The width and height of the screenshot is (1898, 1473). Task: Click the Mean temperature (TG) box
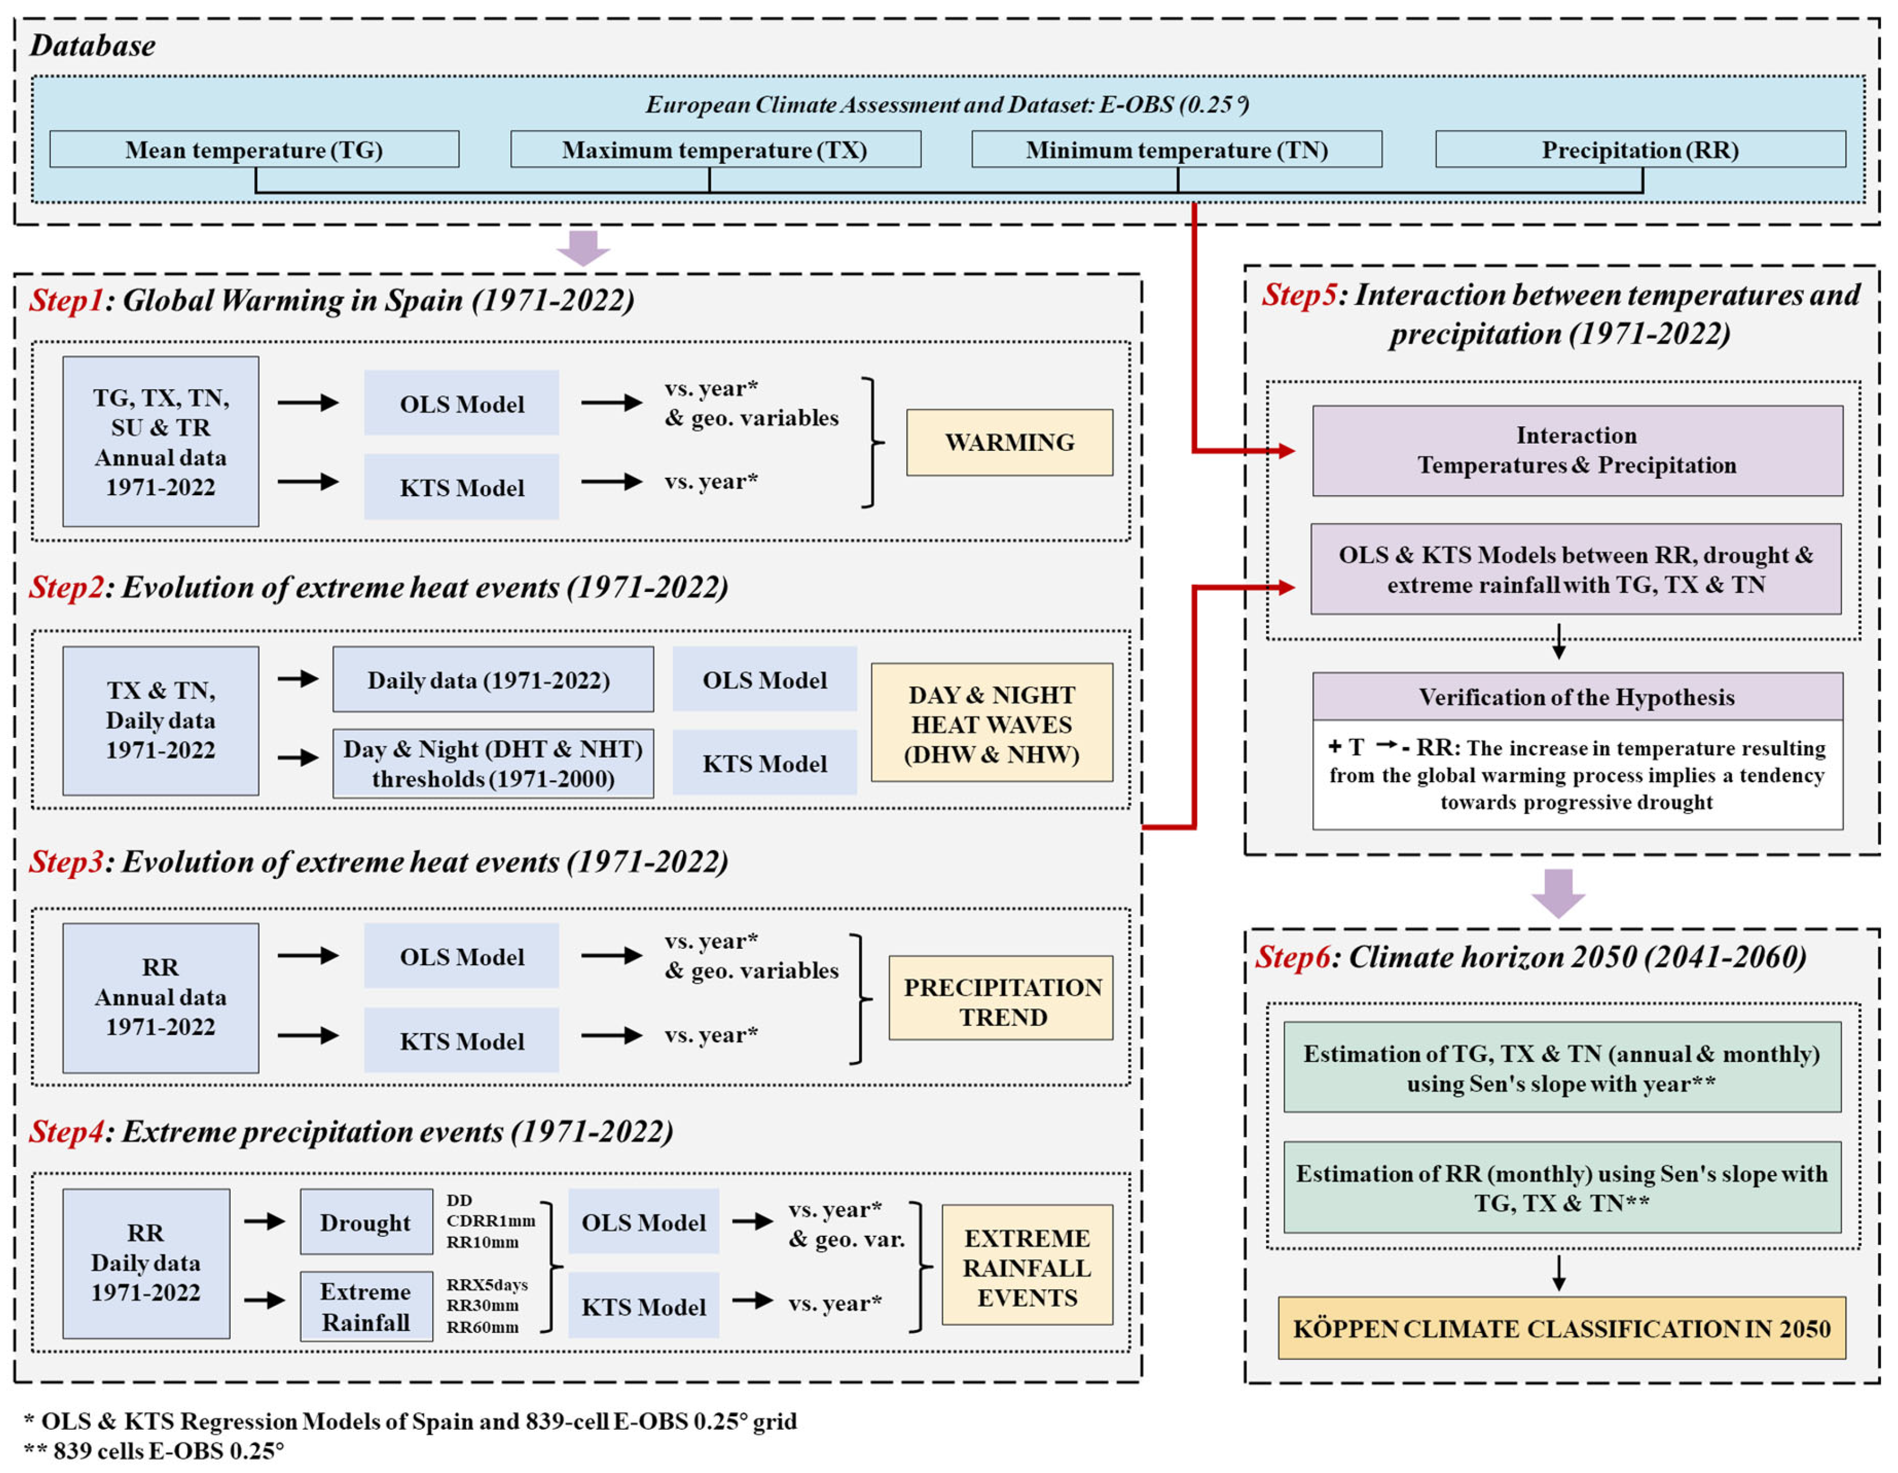pyautogui.click(x=254, y=149)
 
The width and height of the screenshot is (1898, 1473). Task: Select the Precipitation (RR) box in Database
pyautogui.click(x=1640, y=149)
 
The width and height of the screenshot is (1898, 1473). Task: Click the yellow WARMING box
pyautogui.click(x=1009, y=442)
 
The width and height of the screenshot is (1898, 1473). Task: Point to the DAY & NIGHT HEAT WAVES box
pyautogui.click(x=991, y=723)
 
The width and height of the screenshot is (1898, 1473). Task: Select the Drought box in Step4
pyautogui.click(x=366, y=1222)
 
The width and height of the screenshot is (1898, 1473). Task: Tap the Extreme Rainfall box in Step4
pyautogui.click(x=366, y=1306)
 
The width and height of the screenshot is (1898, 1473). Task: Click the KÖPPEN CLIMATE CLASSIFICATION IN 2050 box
pyautogui.click(x=1561, y=1328)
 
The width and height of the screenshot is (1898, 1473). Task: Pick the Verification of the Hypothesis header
pyautogui.click(x=1577, y=697)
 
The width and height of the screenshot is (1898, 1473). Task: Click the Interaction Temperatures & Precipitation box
pyautogui.click(x=1577, y=450)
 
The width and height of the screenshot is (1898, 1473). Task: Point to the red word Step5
pyautogui.click(x=1299, y=295)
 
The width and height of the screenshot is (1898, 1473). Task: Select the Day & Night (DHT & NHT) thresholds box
pyautogui.click(x=493, y=763)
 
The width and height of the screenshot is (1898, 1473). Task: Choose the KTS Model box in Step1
pyautogui.click(x=461, y=488)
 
